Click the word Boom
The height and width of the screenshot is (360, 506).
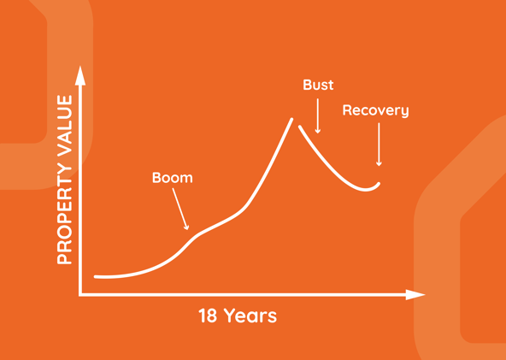pos(173,178)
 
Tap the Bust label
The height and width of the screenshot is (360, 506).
pos(318,85)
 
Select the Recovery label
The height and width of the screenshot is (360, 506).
pos(375,111)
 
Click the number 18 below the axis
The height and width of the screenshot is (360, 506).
pos(208,316)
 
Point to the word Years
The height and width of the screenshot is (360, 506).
pos(250,316)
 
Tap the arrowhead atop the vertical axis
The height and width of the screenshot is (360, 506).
pos(80,75)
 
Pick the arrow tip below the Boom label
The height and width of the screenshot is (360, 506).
pos(187,229)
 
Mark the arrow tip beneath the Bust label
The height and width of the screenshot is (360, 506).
pos(318,133)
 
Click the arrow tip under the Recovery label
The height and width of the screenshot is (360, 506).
pos(379,165)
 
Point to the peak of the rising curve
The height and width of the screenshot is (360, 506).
pos(291,119)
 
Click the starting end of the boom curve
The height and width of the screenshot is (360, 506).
pos(95,277)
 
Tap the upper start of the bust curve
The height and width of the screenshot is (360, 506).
pos(300,127)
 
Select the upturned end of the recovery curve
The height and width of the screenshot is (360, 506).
pos(379,183)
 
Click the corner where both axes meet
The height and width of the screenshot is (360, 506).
pos(80,294)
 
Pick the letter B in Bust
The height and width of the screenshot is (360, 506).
pos(307,85)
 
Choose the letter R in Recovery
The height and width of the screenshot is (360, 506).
pos(346,110)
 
